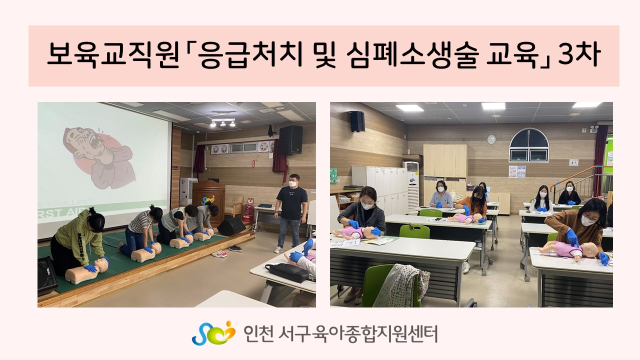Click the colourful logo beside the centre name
click(x=213, y=333)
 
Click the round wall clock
click(x=491, y=139)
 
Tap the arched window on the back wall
click(x=529, y=145)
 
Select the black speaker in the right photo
click(x=357, y=121)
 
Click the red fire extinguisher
click(x=247, y=213)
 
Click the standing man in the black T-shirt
click(x=290, y=213)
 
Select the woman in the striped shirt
click(x=140, y=231)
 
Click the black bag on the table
click(x=286, y=272)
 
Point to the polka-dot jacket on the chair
click(x=401, y=285)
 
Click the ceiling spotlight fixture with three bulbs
click(x=222, y=123)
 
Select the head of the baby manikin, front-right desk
click(x=588, y=249)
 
